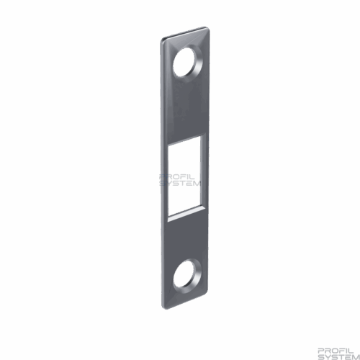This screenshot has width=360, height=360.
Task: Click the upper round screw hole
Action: pyautogui.click(x=184, y=63)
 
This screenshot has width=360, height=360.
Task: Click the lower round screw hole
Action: pyautogui.click(x=184, y=274)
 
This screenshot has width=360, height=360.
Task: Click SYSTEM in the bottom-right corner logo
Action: pyautogui.click(x=338, y=357)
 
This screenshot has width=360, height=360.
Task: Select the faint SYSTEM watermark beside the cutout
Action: pyautogui.click(x=181, y=184)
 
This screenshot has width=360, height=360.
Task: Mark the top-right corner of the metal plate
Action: pyautogui.click(x=209, y=27)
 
